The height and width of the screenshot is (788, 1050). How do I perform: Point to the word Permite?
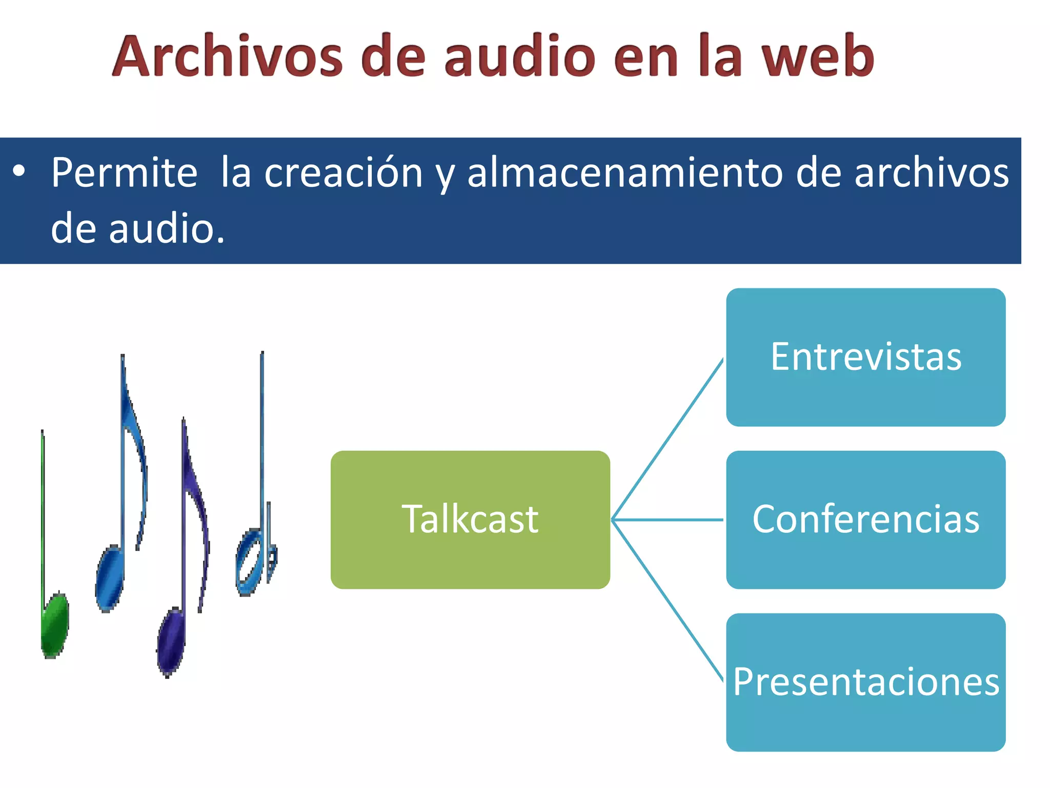point(124,173)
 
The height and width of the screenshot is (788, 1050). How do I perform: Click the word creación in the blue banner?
point(344,173)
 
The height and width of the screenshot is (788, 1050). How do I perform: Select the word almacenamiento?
point(624,173)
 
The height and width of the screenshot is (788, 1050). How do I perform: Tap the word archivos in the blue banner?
point(931,173)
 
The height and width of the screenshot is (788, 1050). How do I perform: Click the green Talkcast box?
point(470,520)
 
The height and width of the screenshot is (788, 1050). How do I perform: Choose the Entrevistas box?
point(865,357)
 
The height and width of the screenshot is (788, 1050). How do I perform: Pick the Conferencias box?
point(865,520)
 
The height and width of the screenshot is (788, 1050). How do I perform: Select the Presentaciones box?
point(865,682)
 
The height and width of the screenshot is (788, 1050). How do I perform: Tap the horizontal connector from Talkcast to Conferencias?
point(667,520)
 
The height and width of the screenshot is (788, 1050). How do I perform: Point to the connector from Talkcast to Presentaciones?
point(667,600)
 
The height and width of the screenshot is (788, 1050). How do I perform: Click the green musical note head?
point(54,625)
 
